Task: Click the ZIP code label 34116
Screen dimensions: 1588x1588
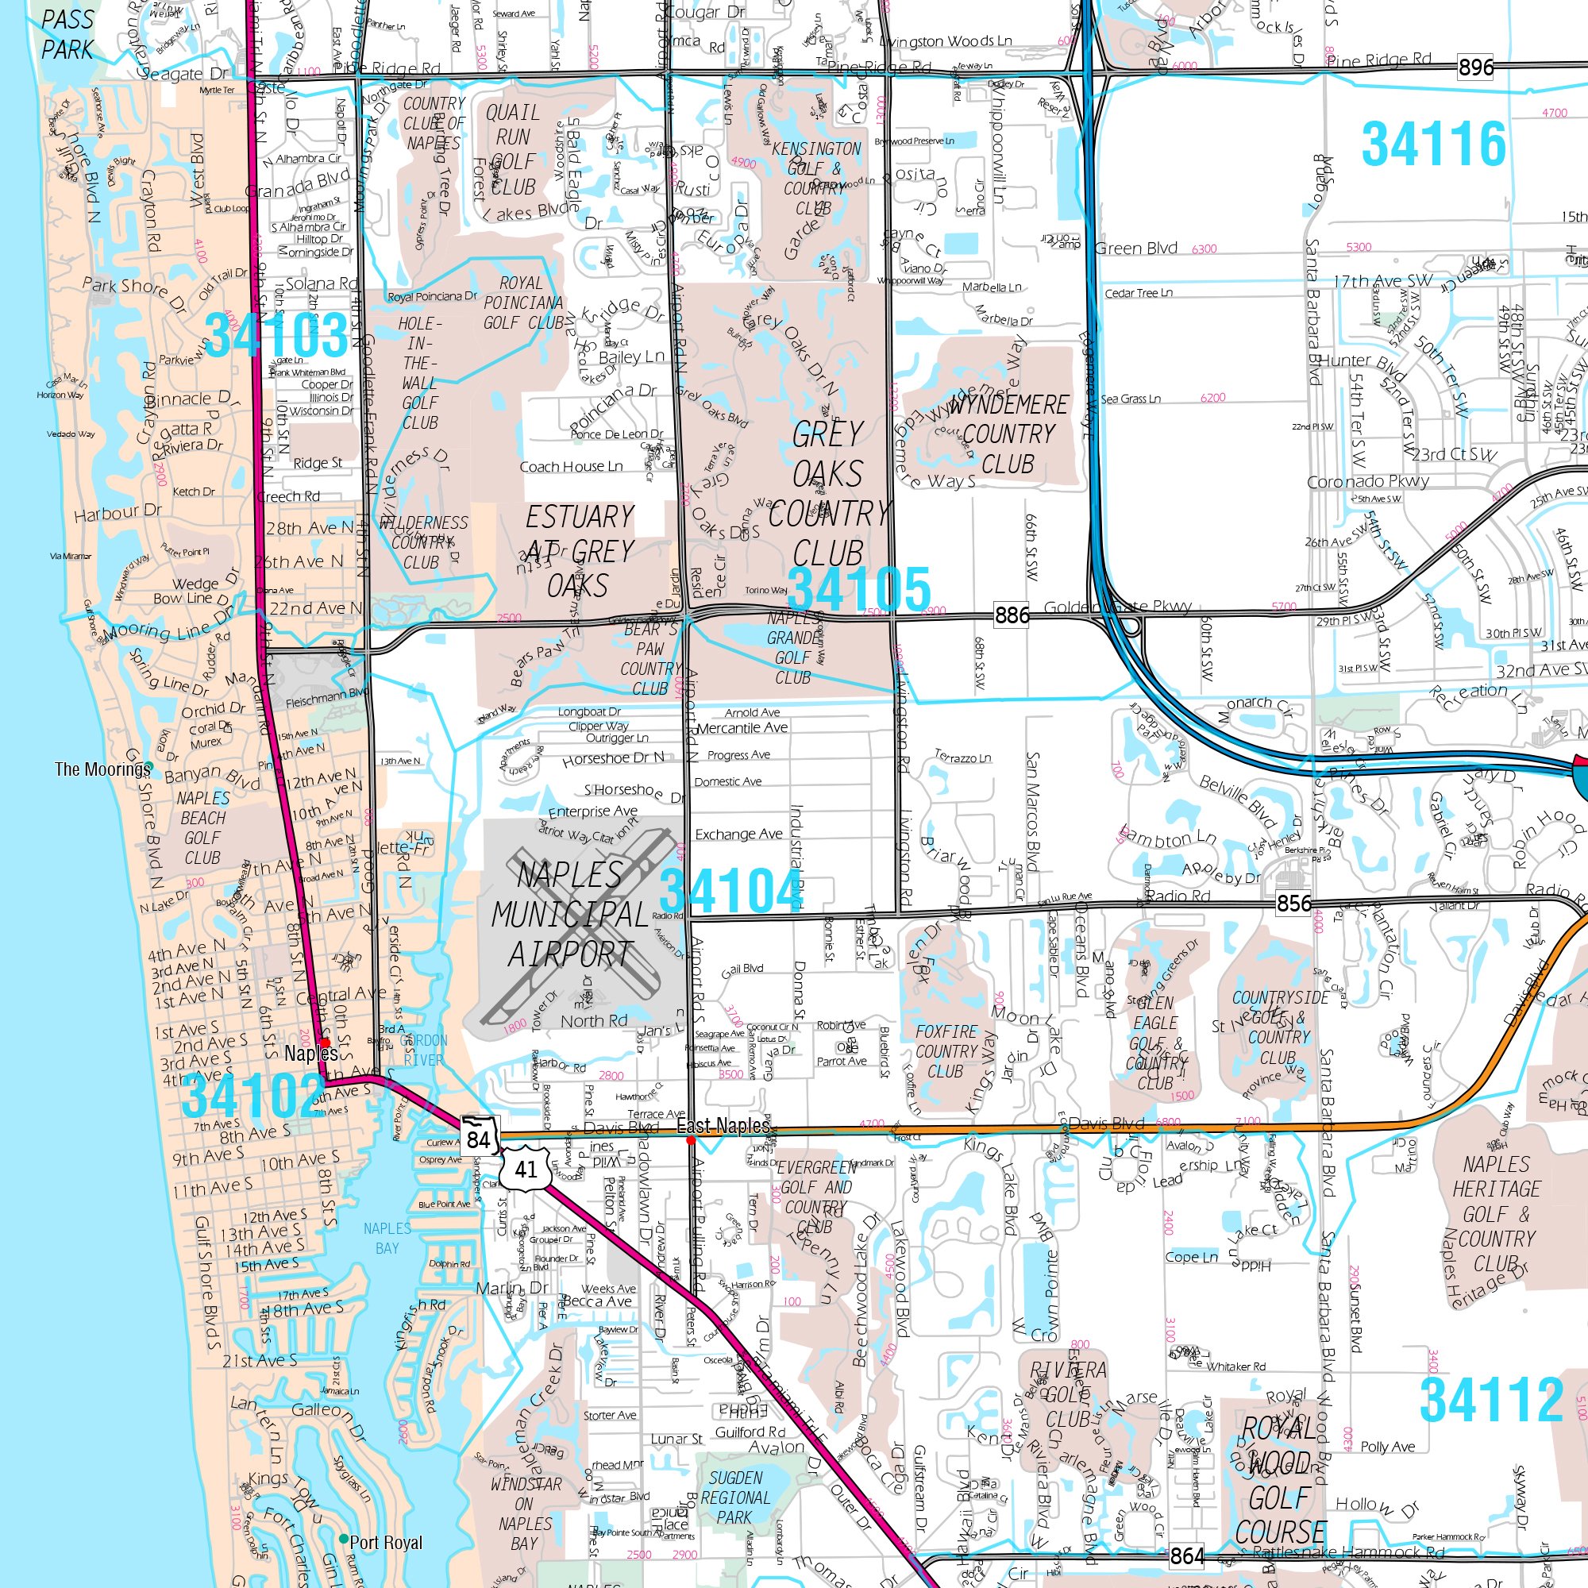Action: pos(1433,145)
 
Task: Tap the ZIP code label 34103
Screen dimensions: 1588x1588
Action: pos(277,335)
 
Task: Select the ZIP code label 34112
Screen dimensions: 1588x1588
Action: pos(1491,1400)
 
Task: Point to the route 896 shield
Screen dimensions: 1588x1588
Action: pos(1476,67)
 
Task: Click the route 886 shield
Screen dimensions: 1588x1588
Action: pos(1012,614)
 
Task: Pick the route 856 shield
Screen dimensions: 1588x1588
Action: pos(1293,904)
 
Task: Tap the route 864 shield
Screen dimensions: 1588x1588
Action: pos(1187,1555)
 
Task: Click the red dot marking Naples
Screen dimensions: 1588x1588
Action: pos(326,1043)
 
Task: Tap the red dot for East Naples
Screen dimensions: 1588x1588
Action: pos(692,1140)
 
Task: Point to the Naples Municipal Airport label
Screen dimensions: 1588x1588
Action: pos(570,914)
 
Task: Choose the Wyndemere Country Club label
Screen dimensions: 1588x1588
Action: pos(1008,434)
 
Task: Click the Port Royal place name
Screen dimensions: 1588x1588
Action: pos(386,1542)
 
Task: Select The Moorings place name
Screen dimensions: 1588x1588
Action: pos(102,769)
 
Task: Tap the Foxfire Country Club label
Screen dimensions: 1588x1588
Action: pos(946,1051)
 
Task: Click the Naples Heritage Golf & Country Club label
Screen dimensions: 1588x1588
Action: pos(1496,1214)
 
